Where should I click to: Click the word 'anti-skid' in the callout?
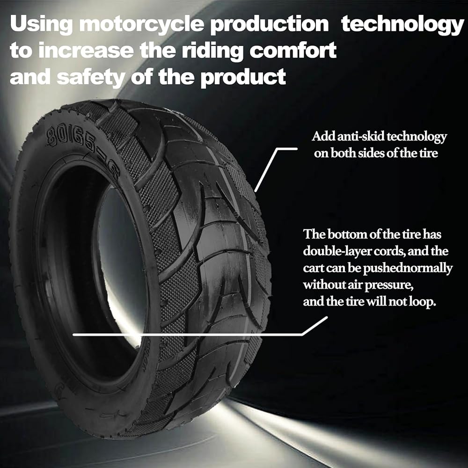point(353,137)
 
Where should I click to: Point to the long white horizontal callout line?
point(187,335)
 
